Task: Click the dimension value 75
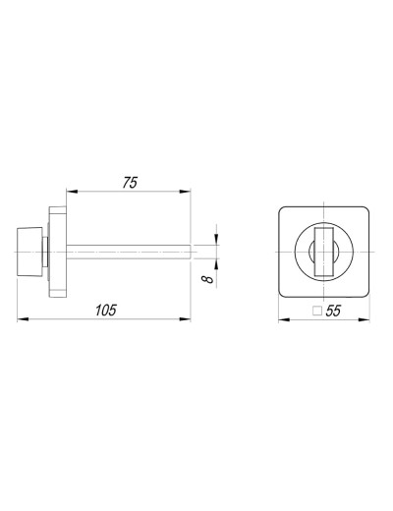(130, 183)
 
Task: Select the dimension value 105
(106, 311)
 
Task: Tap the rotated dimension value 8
(207, 279)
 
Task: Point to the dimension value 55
(333, 311)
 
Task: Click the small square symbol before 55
(317, 311)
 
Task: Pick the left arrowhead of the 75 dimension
(72, 192)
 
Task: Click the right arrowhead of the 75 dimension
(185, 192)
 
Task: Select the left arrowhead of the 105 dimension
(23, 318)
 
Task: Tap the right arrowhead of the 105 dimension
(185, 318)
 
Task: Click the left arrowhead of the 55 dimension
(284, 319)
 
